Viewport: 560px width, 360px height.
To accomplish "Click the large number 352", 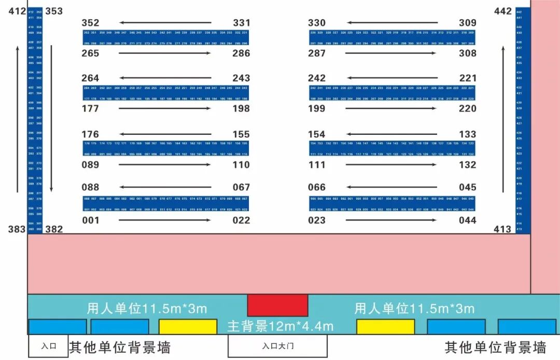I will (x=90, y=23).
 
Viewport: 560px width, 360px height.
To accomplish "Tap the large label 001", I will (x=90, y=220).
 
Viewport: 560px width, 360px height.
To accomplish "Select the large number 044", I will (x=467, y=220).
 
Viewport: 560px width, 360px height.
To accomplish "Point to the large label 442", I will (x=502, y=11).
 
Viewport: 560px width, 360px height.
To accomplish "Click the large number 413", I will (x=502, y=229).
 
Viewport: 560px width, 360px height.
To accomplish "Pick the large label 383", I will (x=17, y=229).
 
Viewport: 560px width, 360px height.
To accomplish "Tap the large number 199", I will (x=317, y=108).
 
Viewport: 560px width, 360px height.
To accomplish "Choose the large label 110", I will (x=241, y=165).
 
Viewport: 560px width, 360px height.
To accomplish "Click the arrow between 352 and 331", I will (x=165, y=23).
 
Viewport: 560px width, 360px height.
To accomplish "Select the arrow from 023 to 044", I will (x=391, y=220).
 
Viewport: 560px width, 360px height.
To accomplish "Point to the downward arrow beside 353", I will (x=51, y=119).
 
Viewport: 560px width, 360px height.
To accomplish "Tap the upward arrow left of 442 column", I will (x=503, y=119).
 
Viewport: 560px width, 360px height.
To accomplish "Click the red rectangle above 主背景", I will (x=277, y=305).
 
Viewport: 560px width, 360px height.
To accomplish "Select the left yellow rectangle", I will (x=188, y=326).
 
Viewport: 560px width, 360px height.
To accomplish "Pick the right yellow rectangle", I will (x=385, y=326).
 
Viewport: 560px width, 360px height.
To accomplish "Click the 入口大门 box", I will (x=277, y=346).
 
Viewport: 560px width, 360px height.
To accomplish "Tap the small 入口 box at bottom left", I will (x=48, y=346).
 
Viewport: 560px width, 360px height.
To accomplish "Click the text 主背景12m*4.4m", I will (x=280, y=326).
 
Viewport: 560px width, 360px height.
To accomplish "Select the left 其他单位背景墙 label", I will (x=120, y=347).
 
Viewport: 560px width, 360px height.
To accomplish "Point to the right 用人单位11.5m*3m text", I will (x=414, y=309).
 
